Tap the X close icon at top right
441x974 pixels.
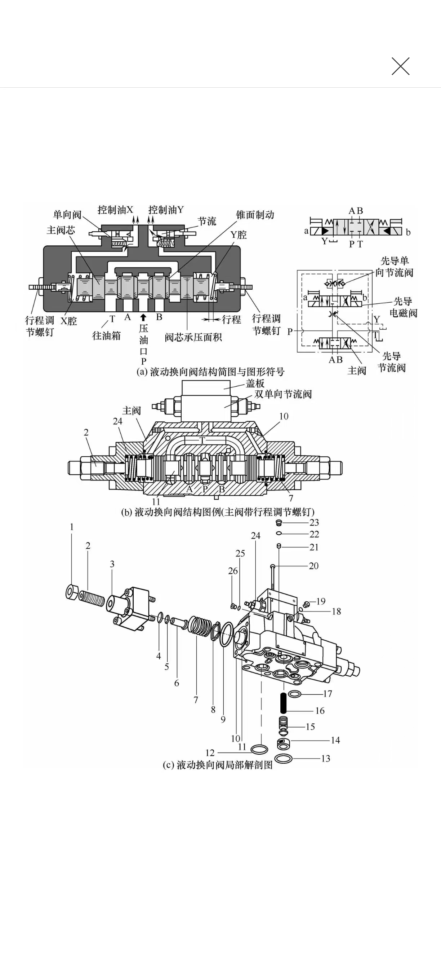click(400, 66)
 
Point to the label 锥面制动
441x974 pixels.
click(255, 215)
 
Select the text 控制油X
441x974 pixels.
click(115, 210)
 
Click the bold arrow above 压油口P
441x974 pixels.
click(143, 318)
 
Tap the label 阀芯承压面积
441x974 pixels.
click(193, 337)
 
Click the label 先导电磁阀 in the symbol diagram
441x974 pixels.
click(403, 307)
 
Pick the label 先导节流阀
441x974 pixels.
click(392, 362)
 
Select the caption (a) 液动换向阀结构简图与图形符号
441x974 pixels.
click(210, 372)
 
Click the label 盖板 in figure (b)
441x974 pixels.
click(255, 383)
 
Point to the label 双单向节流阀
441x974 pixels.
click(283, 394)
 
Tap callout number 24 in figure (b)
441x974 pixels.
click(117, 421)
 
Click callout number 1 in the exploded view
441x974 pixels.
click(72, 527)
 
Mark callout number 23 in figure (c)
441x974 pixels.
click(314, 523)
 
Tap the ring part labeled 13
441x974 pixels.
click(284, 758)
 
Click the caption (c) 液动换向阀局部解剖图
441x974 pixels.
click(218, 765)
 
